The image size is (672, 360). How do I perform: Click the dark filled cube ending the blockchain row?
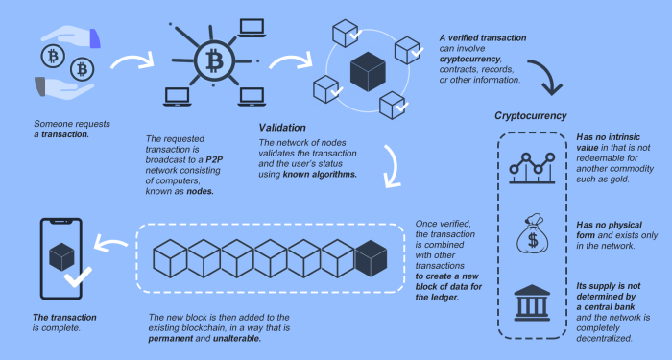coord(371,256)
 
